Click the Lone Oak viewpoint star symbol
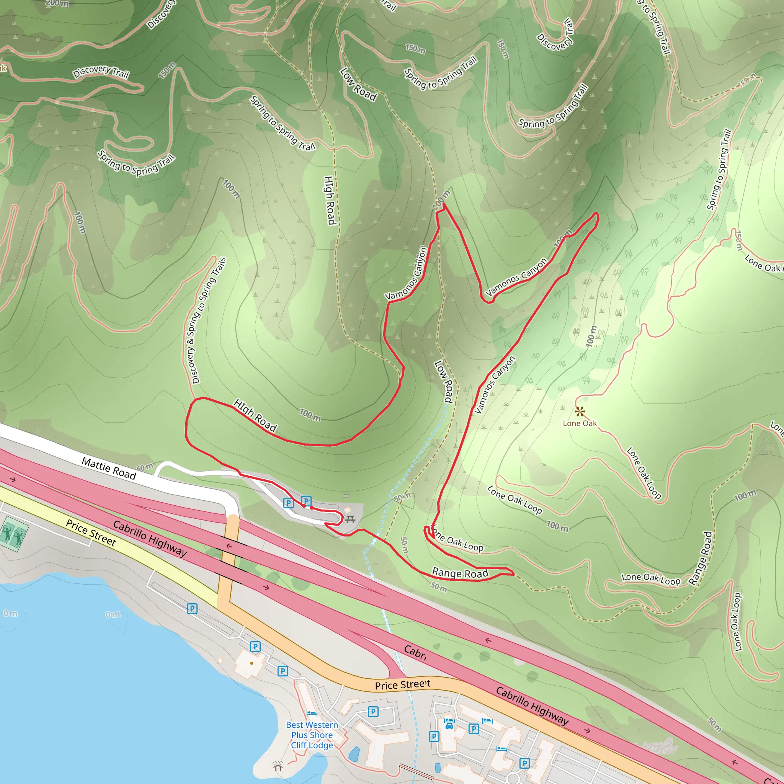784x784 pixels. coord(580,412)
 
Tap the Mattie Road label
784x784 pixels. coord(109,468)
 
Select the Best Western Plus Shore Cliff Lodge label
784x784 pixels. coord(312,735)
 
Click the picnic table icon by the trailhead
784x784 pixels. coord(350,519)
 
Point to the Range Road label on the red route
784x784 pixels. coord(460,573)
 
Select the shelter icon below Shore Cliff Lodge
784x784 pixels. coord(278,766)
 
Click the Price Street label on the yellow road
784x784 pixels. coord(91,532)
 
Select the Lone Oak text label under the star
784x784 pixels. coord(580,423)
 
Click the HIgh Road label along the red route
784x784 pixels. coord(255,415)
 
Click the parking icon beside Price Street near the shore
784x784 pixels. coord(192,609)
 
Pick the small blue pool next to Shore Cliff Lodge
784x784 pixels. coord(353,754)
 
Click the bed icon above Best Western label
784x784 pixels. coord(312,714)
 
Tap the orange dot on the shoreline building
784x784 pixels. coord(252,663)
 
